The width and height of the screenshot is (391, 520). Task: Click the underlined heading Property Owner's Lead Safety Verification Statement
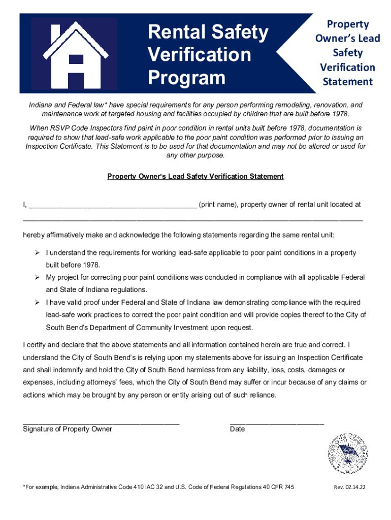pyautogui.click(x=195, y=176)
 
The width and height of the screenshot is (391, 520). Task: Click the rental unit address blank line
pyautogui.click(x=193, y=220)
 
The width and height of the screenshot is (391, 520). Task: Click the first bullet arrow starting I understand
pyautogui.click(x=37, y=253)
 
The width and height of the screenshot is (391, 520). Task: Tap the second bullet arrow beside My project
pyautogui.click(x=37, y=278)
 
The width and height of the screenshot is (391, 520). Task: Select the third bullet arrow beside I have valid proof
pyautogui.click(x=37, y=303)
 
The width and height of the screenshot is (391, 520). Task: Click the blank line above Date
pyautogui.click(x=277, y=422)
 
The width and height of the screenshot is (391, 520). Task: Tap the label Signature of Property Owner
pyautogui.click(x=68, y=429)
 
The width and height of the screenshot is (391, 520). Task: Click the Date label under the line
pyautogui.click(x=237, y=429)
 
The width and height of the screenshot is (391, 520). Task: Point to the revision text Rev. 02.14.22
pyautogui.click(x=349, y=487)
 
